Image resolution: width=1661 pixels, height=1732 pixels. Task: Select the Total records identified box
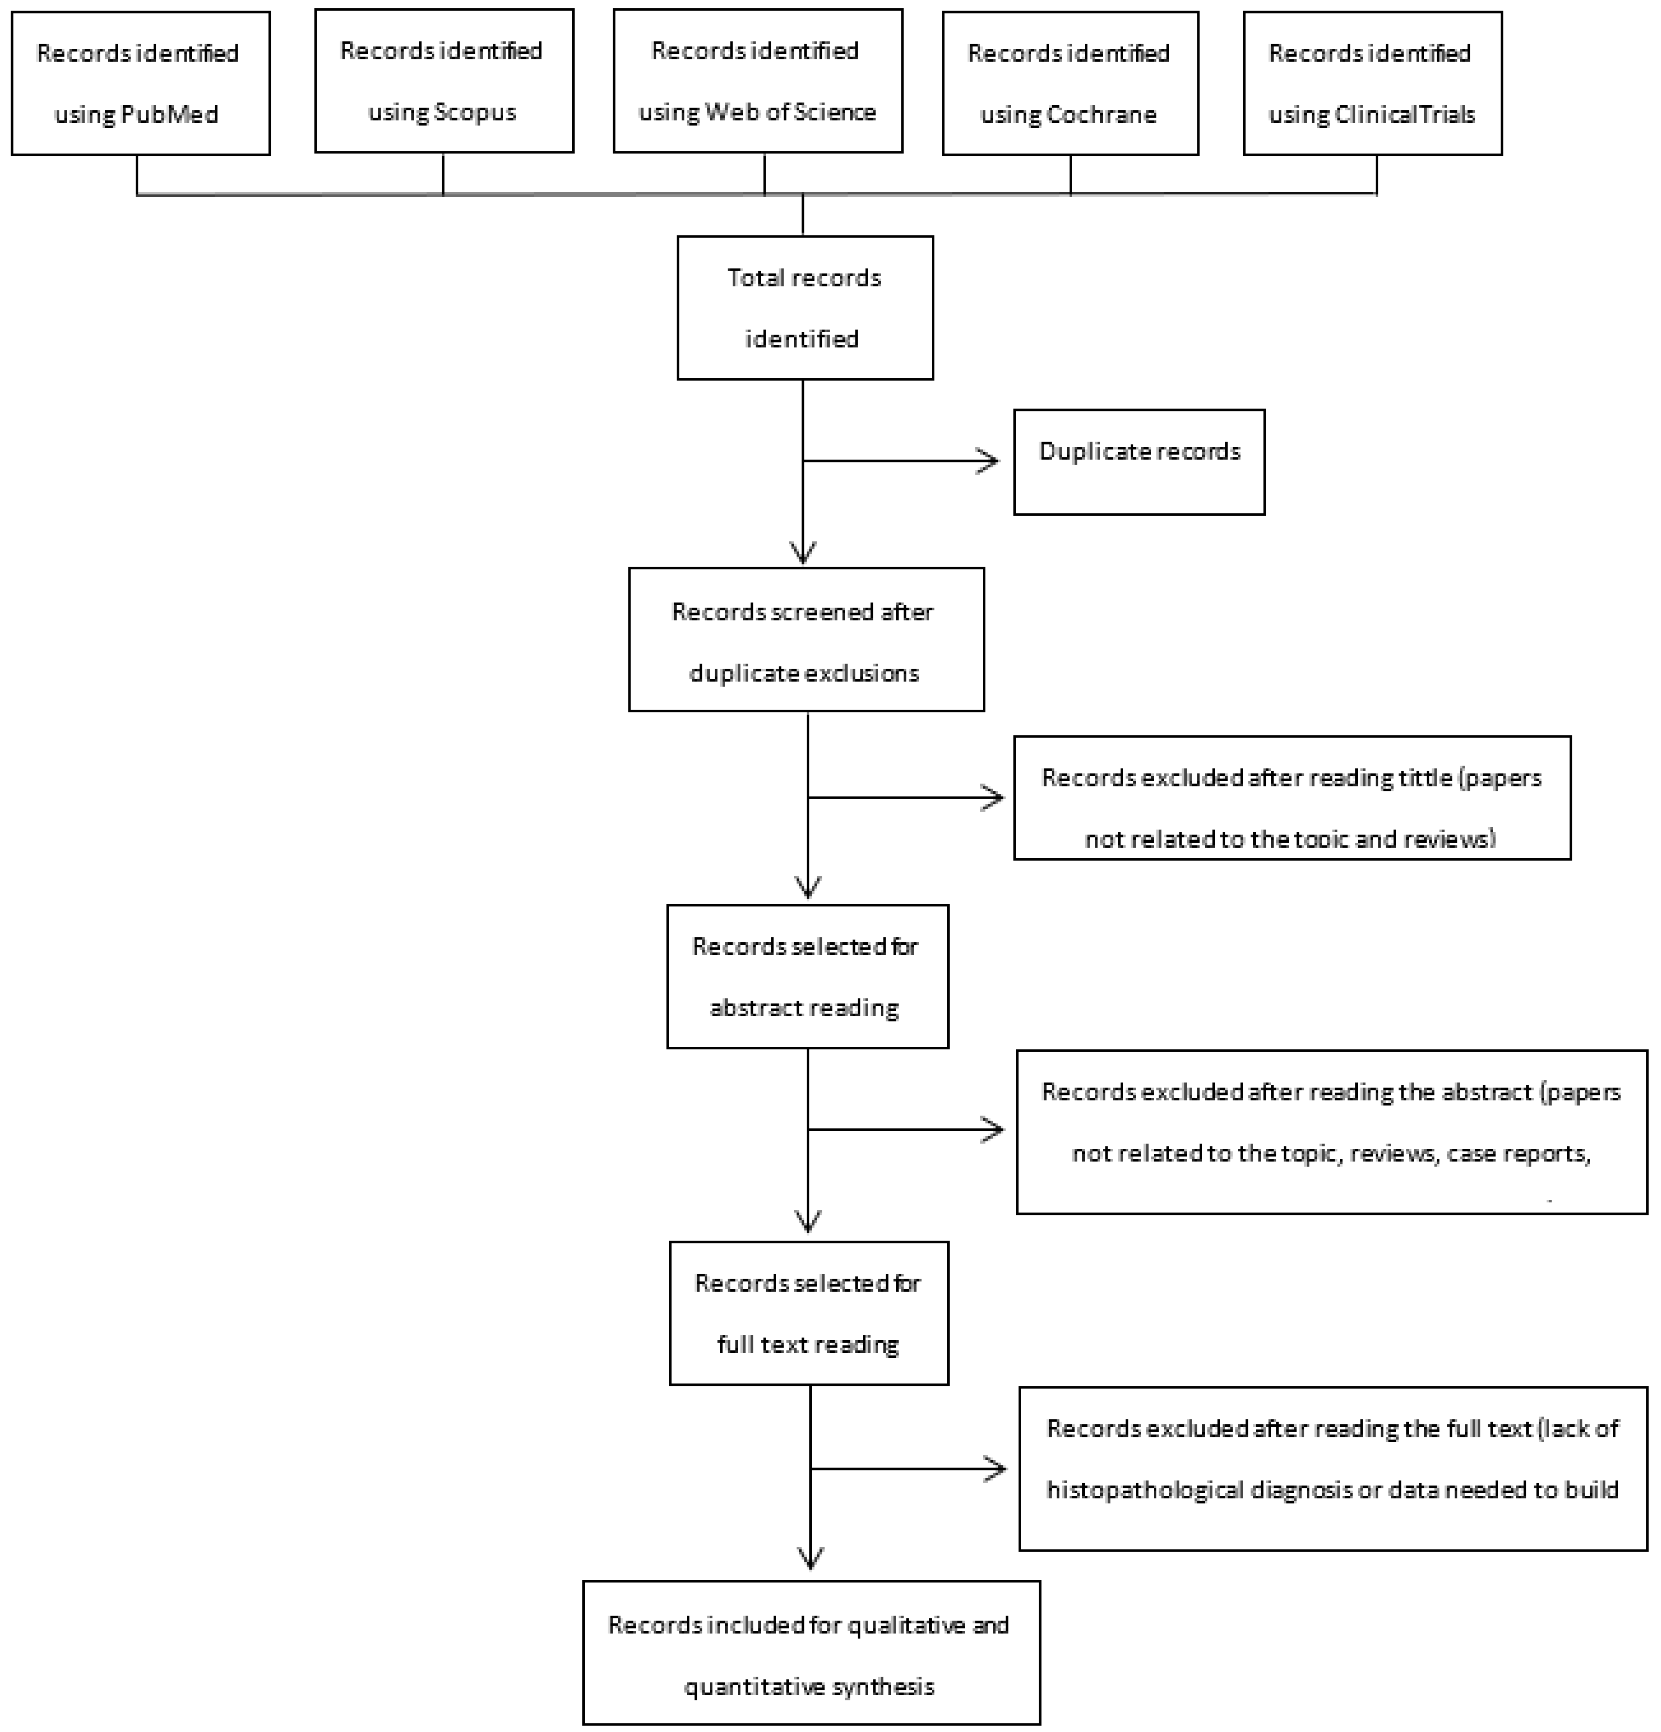(x=804, y=308)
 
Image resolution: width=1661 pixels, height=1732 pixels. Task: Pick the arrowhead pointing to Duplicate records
(x=990, y=460)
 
